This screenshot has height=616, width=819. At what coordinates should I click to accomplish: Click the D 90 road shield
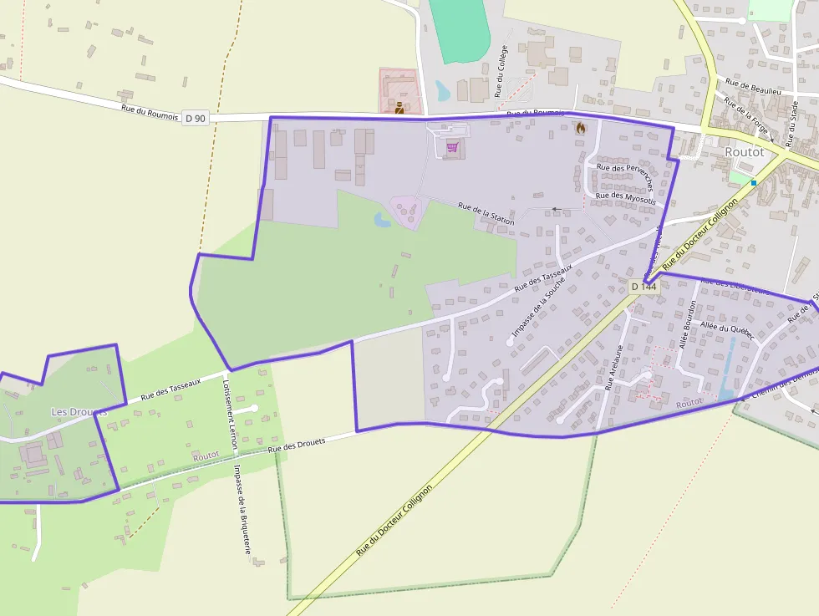pyautogui.click(x=195, y=119)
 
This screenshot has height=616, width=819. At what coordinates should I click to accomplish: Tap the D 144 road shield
pyautogui.click(x=643, y=287)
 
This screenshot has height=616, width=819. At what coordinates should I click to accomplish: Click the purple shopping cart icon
pyautogui.click(x=452, y=147)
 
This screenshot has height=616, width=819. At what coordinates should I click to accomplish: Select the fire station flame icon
pyautogui.click(x=581, y=128)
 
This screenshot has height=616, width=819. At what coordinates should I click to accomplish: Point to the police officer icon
pyautogui.click(x=399, y=107)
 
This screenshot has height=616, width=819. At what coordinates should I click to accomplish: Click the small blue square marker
pyautogui.click(x=753, y=182)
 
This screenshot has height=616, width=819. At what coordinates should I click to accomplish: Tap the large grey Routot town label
pyautogui.click(x=744, y=152)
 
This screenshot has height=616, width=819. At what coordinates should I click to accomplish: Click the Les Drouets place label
pyautogui.click(x=79, y=412)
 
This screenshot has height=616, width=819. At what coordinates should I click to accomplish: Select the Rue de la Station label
pyautogui.click(x=486, y=214)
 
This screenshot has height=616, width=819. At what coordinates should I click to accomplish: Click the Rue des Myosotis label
pyautogui.click(x=625, y=197)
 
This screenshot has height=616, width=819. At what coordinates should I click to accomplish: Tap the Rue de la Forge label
pyautogui.click(x=745, y=115)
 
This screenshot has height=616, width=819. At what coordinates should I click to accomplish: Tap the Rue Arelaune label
pyautogui.click(x=614, y=369)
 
